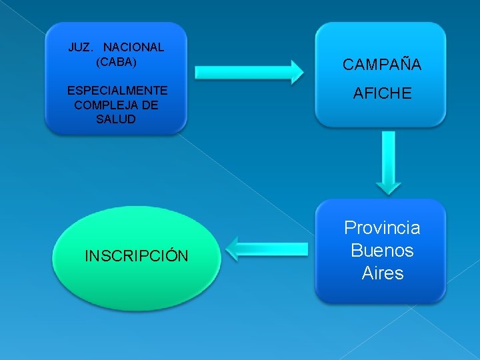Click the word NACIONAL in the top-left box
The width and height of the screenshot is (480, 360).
(x=133, y=47)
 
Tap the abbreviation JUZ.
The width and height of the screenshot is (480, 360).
(x=81, y=47)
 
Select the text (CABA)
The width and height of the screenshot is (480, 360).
(x=116, y=62)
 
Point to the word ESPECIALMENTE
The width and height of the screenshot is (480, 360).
(x=117, y=90)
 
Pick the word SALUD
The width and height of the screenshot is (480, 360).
(x=116, y=119)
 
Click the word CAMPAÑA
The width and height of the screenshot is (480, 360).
(x=382, y=65)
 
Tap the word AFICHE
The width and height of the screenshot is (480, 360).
(x=382, y=94)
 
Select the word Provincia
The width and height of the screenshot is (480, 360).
(x=382, y=228)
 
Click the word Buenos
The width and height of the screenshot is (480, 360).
(x=382, y=251)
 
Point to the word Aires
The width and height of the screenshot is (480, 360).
(x=382, y=273)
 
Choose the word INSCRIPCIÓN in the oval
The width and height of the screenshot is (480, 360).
(x=137, y=256)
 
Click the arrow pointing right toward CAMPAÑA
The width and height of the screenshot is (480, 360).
(x=247, y=71)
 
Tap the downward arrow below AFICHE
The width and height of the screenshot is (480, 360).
(x=388, y=160)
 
